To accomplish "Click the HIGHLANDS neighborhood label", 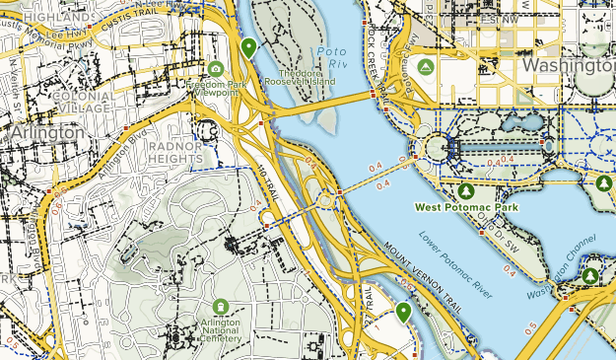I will [x=45, y=17].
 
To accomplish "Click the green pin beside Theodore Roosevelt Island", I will [x=249, y=47].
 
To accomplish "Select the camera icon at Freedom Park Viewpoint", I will [x=216, y=68].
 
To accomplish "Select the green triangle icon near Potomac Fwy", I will [x=426, y=67].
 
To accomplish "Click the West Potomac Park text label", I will [x=465, y=208].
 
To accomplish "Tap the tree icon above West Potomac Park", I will [x=466, y=189].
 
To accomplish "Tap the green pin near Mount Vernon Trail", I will [x=403, y=313].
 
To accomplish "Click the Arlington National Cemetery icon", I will [x=220, y=308].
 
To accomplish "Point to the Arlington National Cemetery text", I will [x=220, y=329].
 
